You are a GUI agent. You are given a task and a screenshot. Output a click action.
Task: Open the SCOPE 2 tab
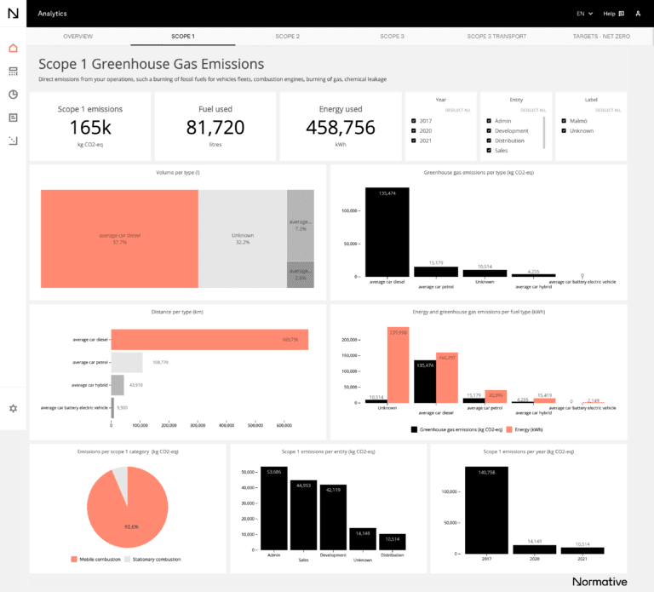click(x=287, y=37)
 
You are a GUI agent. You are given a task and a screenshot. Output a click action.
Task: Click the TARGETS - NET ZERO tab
click(x=600, y=37)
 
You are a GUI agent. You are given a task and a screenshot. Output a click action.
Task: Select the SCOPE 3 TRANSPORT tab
click(x=496, y=37)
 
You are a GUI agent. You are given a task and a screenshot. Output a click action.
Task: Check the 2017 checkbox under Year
click(x=414, y=121)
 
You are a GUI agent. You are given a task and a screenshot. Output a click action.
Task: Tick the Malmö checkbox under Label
click(x=565, y=121)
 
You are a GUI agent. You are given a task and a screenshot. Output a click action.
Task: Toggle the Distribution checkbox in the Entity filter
click(x=490, y=141)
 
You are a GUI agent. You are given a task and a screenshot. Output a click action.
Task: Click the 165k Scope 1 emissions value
click(x=90, y=128)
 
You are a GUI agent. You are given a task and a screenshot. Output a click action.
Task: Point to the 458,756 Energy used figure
click(x=341, y=128)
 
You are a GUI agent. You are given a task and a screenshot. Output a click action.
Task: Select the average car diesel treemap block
click(x=119, y=239)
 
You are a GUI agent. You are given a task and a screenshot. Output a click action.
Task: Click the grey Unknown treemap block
click(x=243, y=239)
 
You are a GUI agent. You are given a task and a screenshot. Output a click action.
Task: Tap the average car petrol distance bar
click(x=127, y=362)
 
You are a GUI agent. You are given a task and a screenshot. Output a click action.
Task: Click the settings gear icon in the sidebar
click(x=13, y=408)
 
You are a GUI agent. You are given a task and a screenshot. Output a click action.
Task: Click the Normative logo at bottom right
click(x=599, y=582)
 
